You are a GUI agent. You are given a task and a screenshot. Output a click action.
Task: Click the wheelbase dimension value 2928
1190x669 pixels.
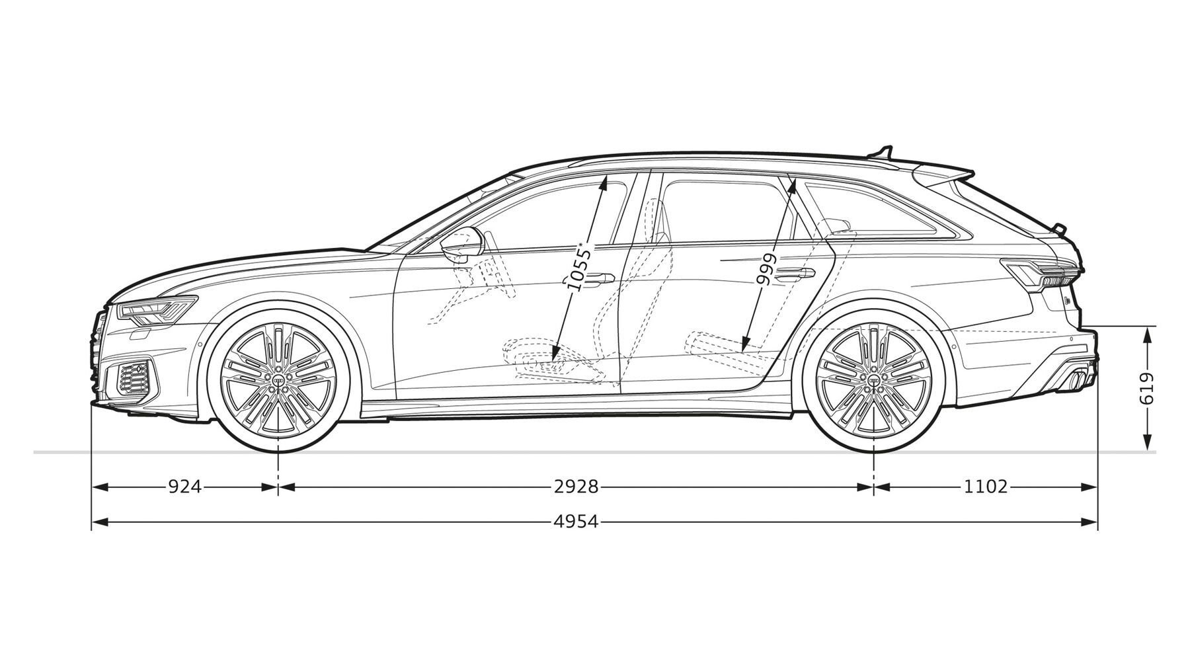pos(576,487)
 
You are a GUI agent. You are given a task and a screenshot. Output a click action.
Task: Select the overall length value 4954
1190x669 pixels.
pos(576,522)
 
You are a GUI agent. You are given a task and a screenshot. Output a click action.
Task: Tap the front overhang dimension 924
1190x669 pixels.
pos(184,487)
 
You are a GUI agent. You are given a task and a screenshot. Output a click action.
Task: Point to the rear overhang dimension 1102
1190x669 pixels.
pos(986,487)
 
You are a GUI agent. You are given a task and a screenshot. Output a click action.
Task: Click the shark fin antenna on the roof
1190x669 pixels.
pos(883,152)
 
